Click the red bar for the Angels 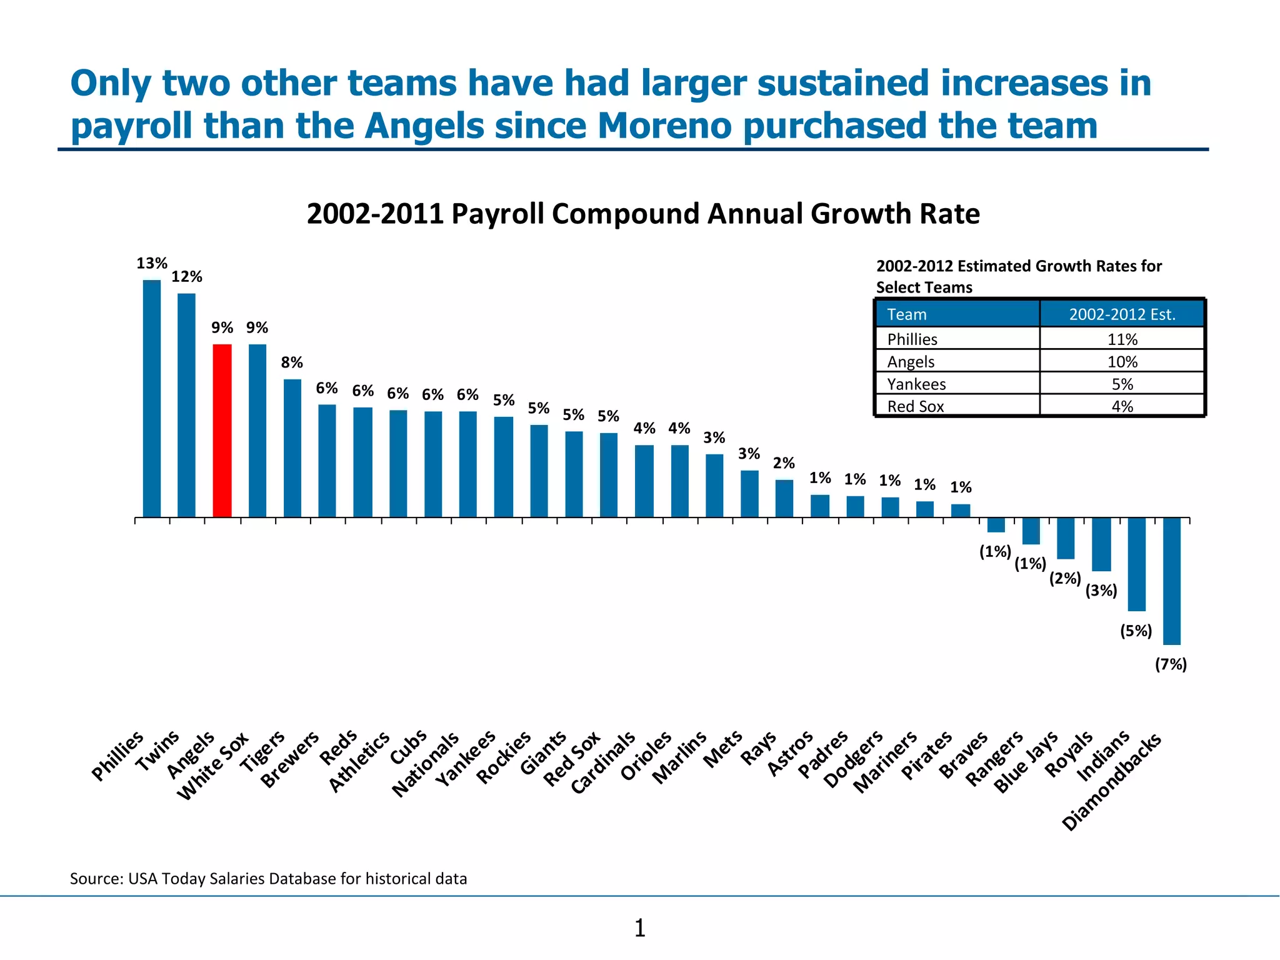[x=222, y=431]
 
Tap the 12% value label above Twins [x=187, y=276]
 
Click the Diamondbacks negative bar [x=1171, y=581]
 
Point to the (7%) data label [x=1170, y=664]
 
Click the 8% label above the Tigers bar [x=292, y=362]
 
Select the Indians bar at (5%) [x=1136, y=564]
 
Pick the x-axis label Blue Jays [x=1026, y=762]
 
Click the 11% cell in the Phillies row [x=1122, y=339]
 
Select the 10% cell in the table [x=1122, y=361]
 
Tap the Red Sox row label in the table [x=915, y=406]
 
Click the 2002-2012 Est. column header [x=1122, y=314]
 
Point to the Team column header [x=906, y=314]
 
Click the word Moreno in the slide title [x=664, y=126]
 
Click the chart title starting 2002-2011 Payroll [x=642, y=214]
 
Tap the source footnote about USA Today [x=268, y=879]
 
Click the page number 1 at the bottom [x=639, y=928]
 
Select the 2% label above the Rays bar [x=784, y=463]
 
